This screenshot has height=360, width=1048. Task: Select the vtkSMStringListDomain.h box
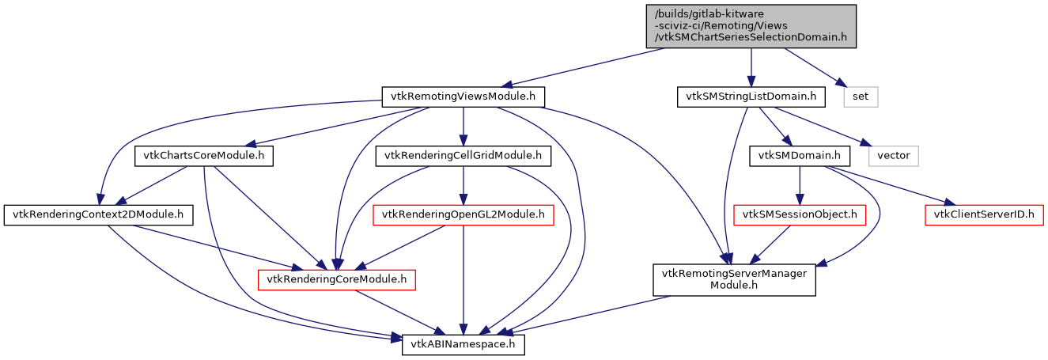pyautogui.click(x=751, y=97)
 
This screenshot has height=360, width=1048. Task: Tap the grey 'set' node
pyautogui.click(x=861, y=97)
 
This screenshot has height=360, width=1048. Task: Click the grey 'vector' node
pyautogui.click(x=893, y=155)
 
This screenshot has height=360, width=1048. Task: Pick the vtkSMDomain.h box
pyautogui.click(x=800, y=155)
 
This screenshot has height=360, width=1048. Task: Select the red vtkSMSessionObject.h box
pyautogui.click(x=800, y=214)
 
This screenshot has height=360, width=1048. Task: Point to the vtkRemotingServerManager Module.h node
pyautogui.click(x=734, y=280)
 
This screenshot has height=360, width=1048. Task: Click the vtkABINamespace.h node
pyautogui.click(x=463, y=345)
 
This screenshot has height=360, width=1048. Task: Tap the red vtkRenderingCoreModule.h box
pyautogui.click(x=337, y=279)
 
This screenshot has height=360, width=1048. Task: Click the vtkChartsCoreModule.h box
pyautogui.click(x=204, y=156)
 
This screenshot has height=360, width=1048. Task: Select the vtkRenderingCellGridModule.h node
pyautogui.click(x=463, y=156)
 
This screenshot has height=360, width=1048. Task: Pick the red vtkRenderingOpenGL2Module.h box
pyautogui.click(x=463, y=214)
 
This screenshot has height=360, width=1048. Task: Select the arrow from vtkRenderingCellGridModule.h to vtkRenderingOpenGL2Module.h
pyautogui.click(x=463, y=185)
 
